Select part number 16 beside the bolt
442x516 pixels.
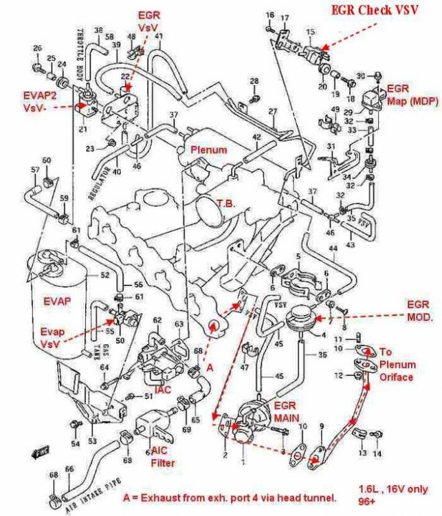point(269,14)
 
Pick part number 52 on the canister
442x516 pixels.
point(104,275)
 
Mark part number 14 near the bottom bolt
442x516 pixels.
point(376,454)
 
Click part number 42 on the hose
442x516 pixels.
point(256,138)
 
